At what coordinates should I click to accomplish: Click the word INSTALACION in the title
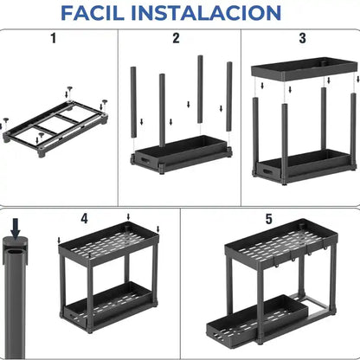pos(213,14)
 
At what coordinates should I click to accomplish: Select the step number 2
pos(176,38)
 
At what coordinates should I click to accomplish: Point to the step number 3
pos(302,38)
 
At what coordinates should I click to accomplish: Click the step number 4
pos(84,219)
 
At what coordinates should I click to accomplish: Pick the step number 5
pos(269,220)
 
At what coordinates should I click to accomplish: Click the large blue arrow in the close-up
pos(15,228)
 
